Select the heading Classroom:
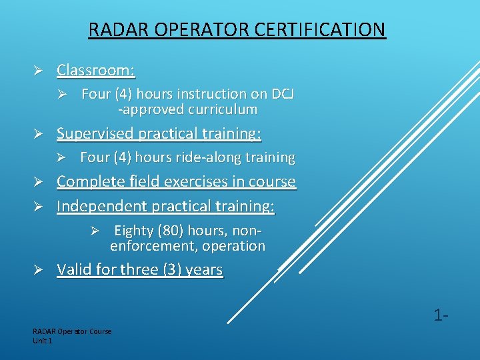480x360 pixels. click(96, 70)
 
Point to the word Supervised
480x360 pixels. click(95, 133)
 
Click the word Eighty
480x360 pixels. click(133, 231)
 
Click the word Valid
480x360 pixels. click(74, 270)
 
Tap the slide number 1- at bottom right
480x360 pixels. click(440, 315)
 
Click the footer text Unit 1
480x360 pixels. click(42, 341)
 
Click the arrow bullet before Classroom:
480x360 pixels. click(39, 70)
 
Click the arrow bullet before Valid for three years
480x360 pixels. click(39, 270)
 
